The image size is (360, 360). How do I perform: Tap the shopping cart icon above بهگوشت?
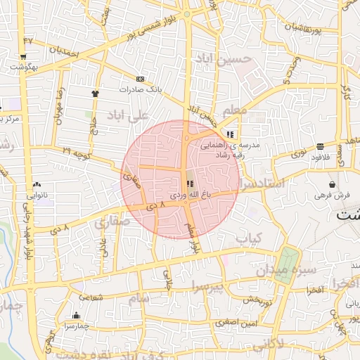(23, 57)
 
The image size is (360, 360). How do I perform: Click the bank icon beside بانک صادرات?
(140, 79)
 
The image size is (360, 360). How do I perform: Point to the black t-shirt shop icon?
(95, 92)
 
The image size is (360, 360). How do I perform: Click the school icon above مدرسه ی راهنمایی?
(230, 135)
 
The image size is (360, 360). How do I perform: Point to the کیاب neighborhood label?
(248, 240)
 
